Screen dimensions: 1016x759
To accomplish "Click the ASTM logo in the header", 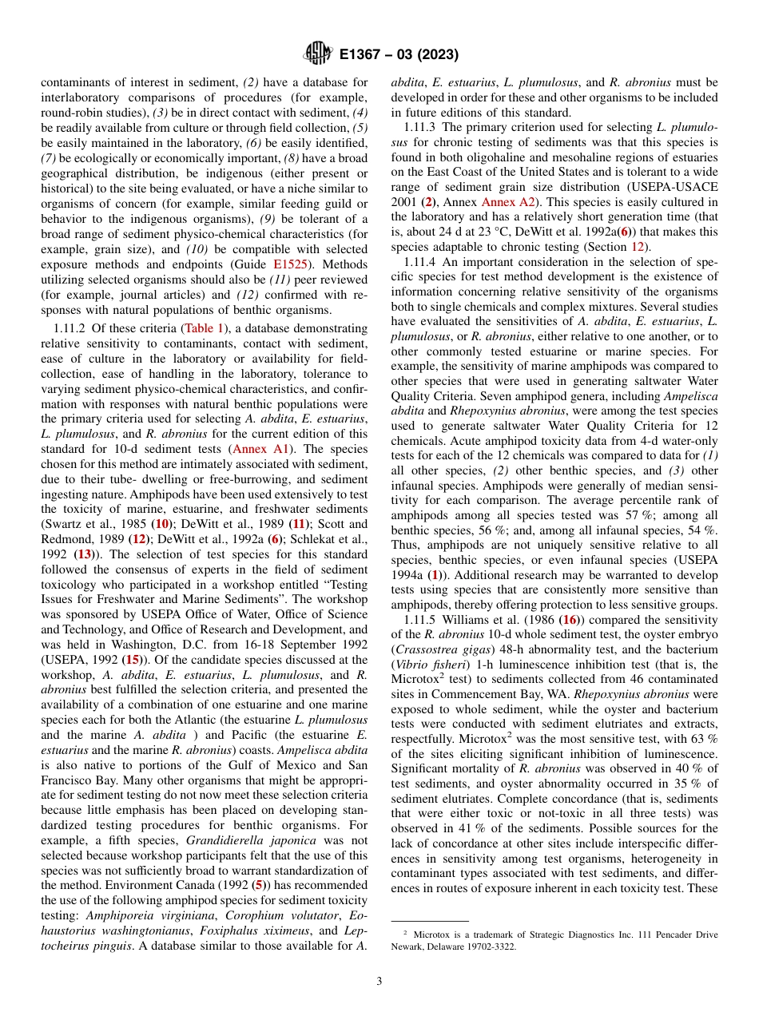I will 318,54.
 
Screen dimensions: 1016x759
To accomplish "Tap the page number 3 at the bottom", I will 379,982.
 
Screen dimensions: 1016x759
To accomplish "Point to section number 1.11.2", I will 67,328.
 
